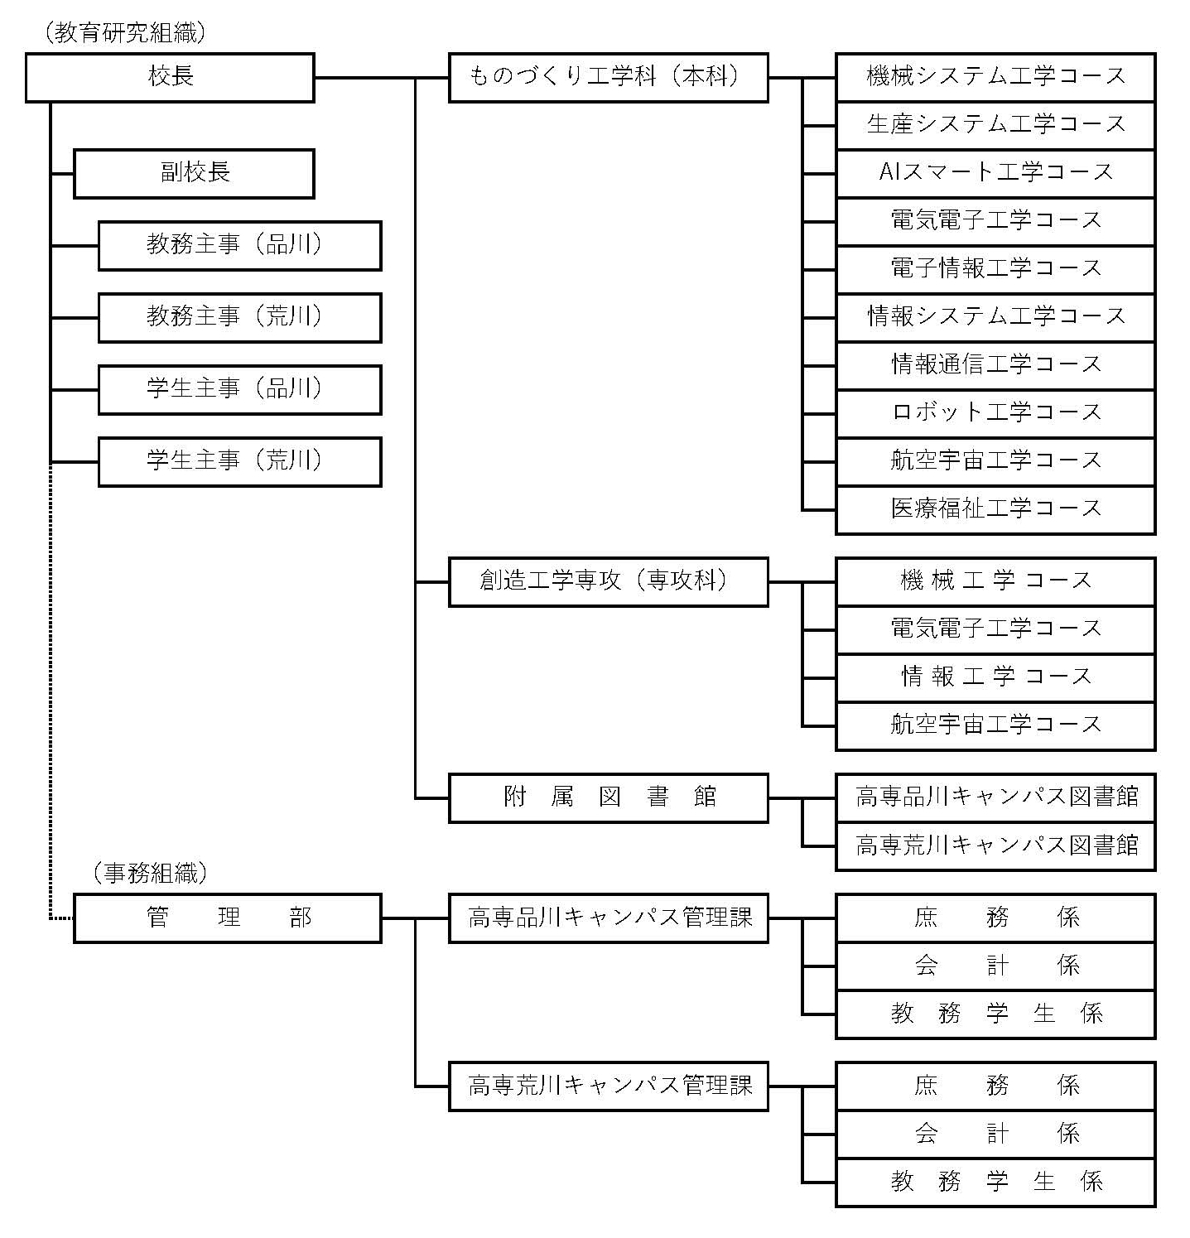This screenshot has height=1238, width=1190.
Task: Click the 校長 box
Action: point(170,78)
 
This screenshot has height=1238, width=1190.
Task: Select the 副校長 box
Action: point(195,174)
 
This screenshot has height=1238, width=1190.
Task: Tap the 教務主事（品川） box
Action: point(240,246)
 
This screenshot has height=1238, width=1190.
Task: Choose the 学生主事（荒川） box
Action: point(240,462)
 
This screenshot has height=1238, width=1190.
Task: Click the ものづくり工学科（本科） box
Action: point(609,78)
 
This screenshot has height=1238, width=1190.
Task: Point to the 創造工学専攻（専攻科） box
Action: point(609,582)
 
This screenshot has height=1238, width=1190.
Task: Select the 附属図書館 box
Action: point(609,798)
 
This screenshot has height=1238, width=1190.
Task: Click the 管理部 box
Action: point(228,918)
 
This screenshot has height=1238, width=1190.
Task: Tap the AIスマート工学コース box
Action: point(995,174)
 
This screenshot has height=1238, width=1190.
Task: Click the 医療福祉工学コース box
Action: point(995,510)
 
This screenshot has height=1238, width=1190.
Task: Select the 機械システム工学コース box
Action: point(995,78)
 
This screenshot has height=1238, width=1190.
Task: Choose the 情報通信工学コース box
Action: point(995,366)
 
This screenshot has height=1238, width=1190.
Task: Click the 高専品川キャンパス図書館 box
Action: point(995,798)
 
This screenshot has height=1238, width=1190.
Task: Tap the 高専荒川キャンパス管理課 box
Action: point(609,1086)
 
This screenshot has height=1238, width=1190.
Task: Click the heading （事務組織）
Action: point(150,873)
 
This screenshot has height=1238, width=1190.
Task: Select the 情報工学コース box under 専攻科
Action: point(995,678)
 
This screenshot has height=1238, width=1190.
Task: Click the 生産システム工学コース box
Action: point(995,126)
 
